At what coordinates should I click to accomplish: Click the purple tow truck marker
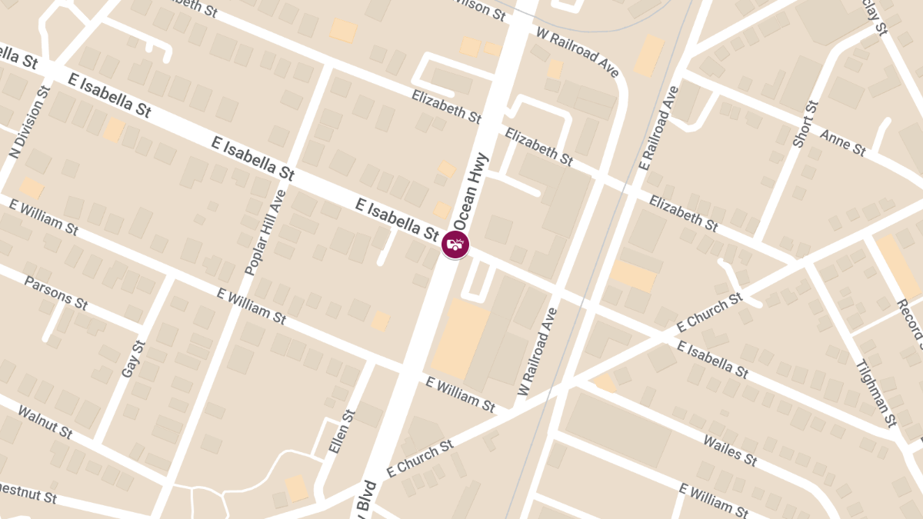point(455,245)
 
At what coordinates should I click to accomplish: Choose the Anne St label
point(843,143)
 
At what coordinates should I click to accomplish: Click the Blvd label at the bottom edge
point(366,499)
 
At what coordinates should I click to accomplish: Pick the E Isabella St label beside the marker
point(397,218)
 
